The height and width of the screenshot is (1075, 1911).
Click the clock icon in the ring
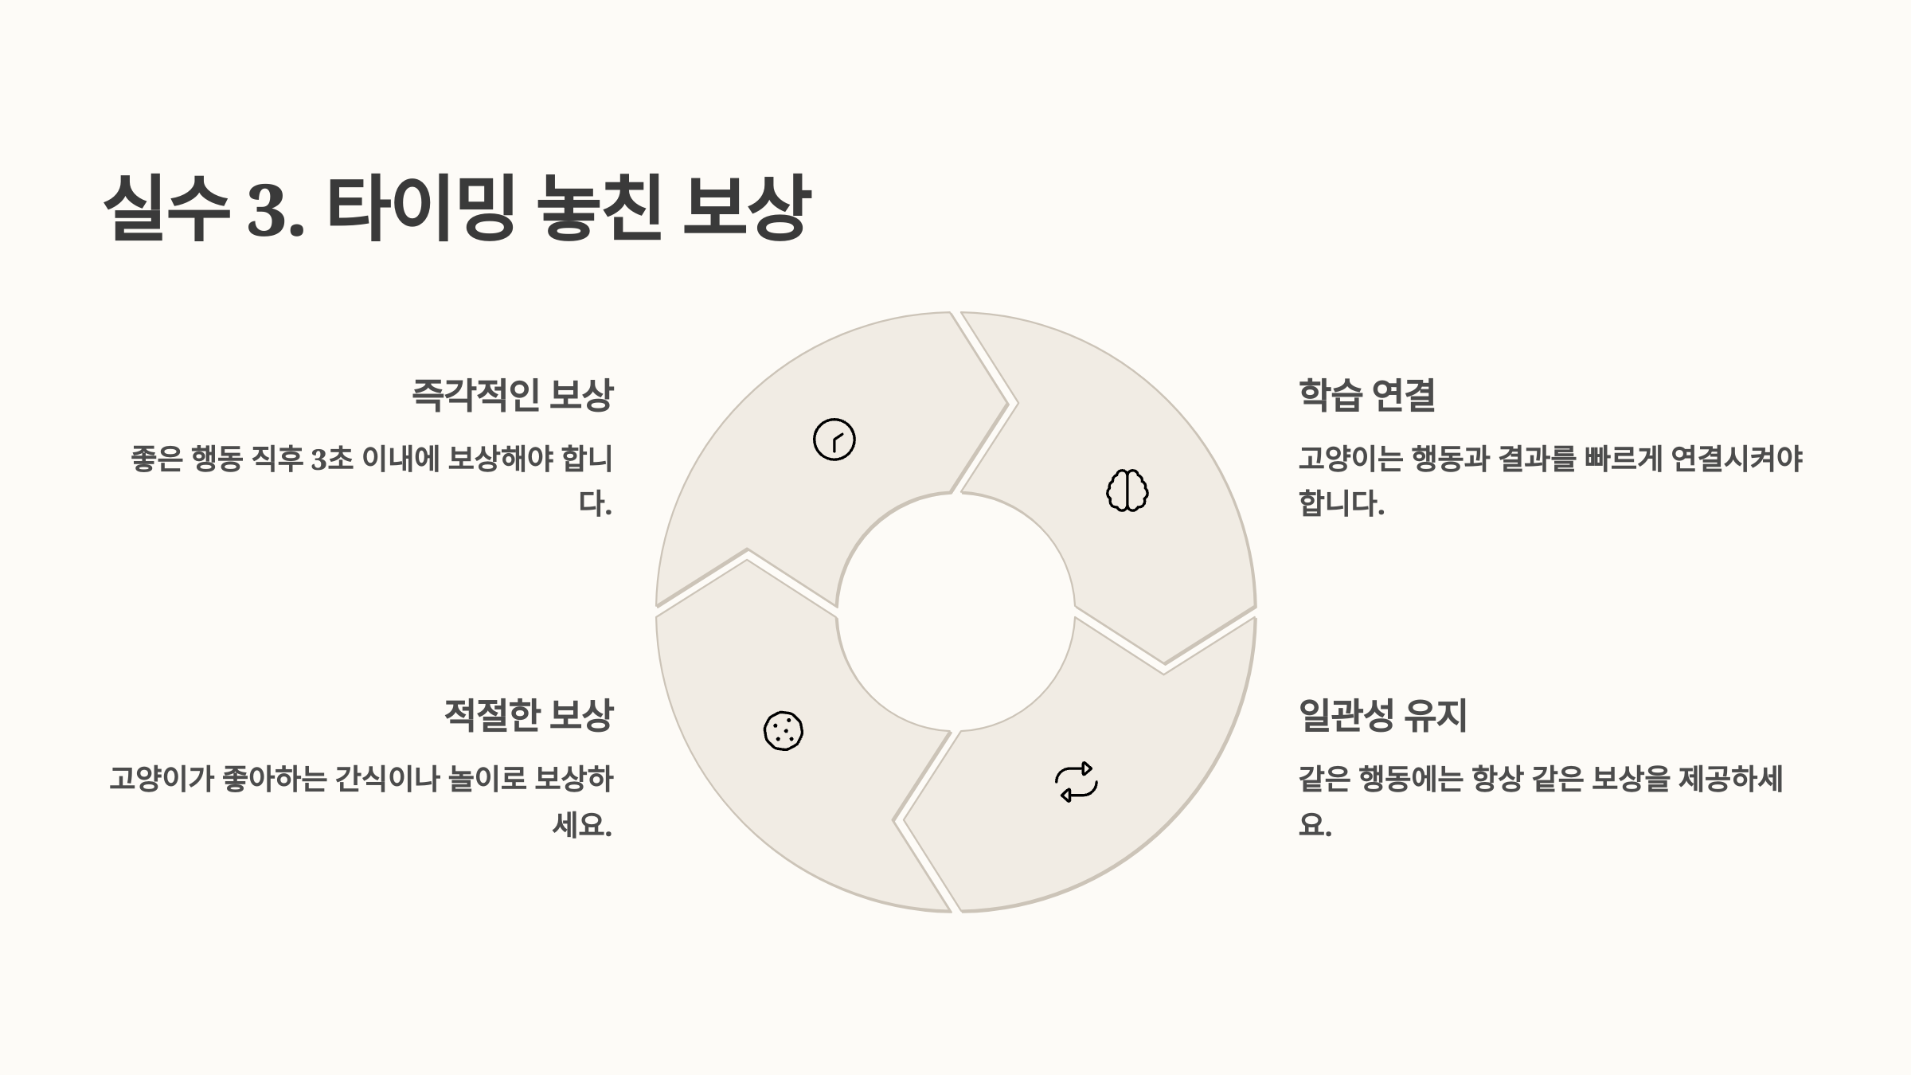pos(834,440)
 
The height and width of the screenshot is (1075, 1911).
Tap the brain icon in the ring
pos(1127,491)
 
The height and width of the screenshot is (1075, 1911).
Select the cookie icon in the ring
pos(784,731)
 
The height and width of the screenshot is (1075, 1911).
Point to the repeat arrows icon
pos(1077,782)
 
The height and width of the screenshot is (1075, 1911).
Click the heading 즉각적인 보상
pos(512,395)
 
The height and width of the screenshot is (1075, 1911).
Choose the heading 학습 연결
pos(1366,395)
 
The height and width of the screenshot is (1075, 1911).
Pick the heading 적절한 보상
pos(528,715)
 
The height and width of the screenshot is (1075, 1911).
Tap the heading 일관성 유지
pos(1382,715)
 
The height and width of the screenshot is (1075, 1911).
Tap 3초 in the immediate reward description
pos(331,459)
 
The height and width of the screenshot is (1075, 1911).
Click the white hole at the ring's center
pos(955,612)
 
